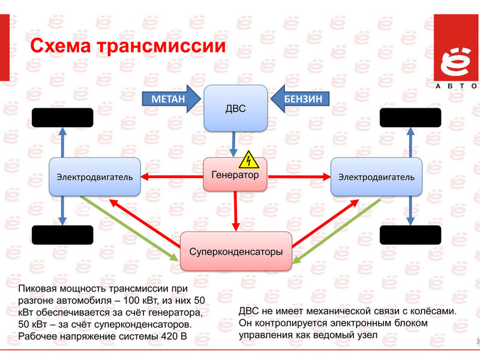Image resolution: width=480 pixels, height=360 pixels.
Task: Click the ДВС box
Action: pyautogui.click(x=235, y=108)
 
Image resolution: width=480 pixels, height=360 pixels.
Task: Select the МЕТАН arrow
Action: pyautogui.click(x=171, y=98)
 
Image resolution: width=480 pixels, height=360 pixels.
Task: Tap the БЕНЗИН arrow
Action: pyautogui.click(x=300, y=98)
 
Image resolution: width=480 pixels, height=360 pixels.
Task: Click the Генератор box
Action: pyautogui.click(x=235, y=175)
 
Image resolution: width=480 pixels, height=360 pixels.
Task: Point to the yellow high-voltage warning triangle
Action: pyautogui.click(x=249, y=160)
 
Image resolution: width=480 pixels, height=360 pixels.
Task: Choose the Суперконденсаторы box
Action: pyautogui.click(x=236, y=251)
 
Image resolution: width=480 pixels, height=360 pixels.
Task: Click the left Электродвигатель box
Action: pyautogui.click(x=95, y=176)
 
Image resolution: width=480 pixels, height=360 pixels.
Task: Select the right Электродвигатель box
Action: pyautogui.click(x=376, y=176)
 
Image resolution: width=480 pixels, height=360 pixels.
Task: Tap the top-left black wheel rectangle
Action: pyautogui.click(x=62, y=118)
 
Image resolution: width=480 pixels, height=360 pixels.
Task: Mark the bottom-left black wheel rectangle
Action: pyautogui.click(x=62, y=235)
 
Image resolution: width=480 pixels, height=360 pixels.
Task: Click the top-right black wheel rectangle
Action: pyautogui.click(x=410, y=118)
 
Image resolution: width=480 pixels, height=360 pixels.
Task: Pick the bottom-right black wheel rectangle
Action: pyautogui.click(x=410, y=235)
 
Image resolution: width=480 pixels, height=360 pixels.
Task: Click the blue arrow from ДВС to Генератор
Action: pyautogui.click(x=233, y=144)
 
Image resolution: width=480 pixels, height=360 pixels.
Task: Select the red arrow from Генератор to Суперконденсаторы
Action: pyautogui.click(x=235, y=211)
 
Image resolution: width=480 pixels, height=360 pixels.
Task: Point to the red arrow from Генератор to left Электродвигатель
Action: pyautogui.click(x=172, y=176)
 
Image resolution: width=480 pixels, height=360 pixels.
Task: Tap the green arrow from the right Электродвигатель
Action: pyautogui.click(x=336, y=231)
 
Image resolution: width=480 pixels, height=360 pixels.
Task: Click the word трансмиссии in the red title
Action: pyautogui.click(x=161, y=46)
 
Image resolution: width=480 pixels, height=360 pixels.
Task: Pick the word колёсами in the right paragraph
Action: pyautogui.click(x=433, y=311)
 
